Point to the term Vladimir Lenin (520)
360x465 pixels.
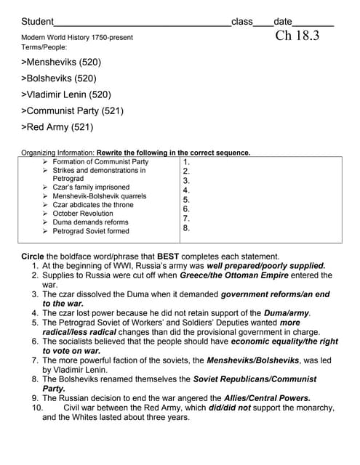tap(66, 94)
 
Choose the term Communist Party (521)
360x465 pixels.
tap(73, 111)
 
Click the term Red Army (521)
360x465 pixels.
tap(57, 127)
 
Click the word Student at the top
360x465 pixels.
tap(38, 22)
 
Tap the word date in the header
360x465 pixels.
tap(282, 22)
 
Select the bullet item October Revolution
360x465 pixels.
tap(83, 214)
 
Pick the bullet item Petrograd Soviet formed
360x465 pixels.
tap(91, 231)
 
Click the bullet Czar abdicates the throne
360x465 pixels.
tap(93, 205)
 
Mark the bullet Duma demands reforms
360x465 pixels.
tap(90, 222)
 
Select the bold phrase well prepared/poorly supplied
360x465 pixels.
tap(266, 266)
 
